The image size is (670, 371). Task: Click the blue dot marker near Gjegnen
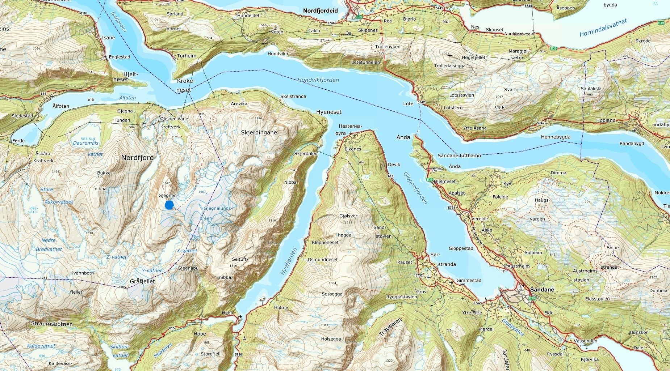[169, 205]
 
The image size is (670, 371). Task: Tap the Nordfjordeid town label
[320, 11]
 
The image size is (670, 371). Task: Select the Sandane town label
[542, 290]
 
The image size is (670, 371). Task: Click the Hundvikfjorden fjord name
[318, 80]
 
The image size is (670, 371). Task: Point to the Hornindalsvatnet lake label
[603, 28]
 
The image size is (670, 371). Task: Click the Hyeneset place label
[328, 112]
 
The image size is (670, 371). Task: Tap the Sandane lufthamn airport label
[459, 155]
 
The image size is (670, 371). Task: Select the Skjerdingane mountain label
[259, 132]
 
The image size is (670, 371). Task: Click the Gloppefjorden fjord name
[415, 188]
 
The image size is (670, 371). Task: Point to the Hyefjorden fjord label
[289, 261]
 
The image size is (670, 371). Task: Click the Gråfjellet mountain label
[142, 281]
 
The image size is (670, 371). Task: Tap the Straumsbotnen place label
[52, 324]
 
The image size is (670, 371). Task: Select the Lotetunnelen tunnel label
[366, 62]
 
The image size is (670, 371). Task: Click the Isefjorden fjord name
[118, 21]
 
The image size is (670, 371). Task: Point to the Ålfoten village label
[61, 106]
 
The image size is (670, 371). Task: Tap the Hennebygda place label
[556, 137]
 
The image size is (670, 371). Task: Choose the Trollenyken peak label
[388, 47]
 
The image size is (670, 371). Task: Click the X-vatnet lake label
[187, 251]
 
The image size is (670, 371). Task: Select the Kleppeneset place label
[325, 242]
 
